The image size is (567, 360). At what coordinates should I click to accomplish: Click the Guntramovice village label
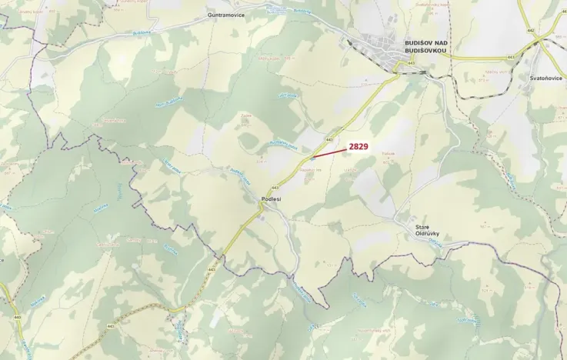(x=225, y=15)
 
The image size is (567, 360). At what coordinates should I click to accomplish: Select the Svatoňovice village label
(x=545, y=78)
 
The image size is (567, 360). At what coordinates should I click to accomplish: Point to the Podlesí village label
(x=272, y=198)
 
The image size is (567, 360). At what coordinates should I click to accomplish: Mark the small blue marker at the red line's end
(x=311, y=158)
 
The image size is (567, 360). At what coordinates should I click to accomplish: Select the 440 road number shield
(x=17, y=317)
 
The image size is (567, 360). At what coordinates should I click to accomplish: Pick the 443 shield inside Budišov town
(x=412, y=62)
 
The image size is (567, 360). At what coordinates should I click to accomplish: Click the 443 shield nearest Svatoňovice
(x=511, y=57)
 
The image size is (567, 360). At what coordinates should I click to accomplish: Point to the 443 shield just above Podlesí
(x=274, y=187)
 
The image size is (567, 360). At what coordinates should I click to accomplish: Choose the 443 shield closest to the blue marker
(x=329, y=139)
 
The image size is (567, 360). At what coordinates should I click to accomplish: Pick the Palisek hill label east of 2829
(x=388, y=154)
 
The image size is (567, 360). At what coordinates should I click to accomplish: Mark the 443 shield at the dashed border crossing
(x=211, y=270)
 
